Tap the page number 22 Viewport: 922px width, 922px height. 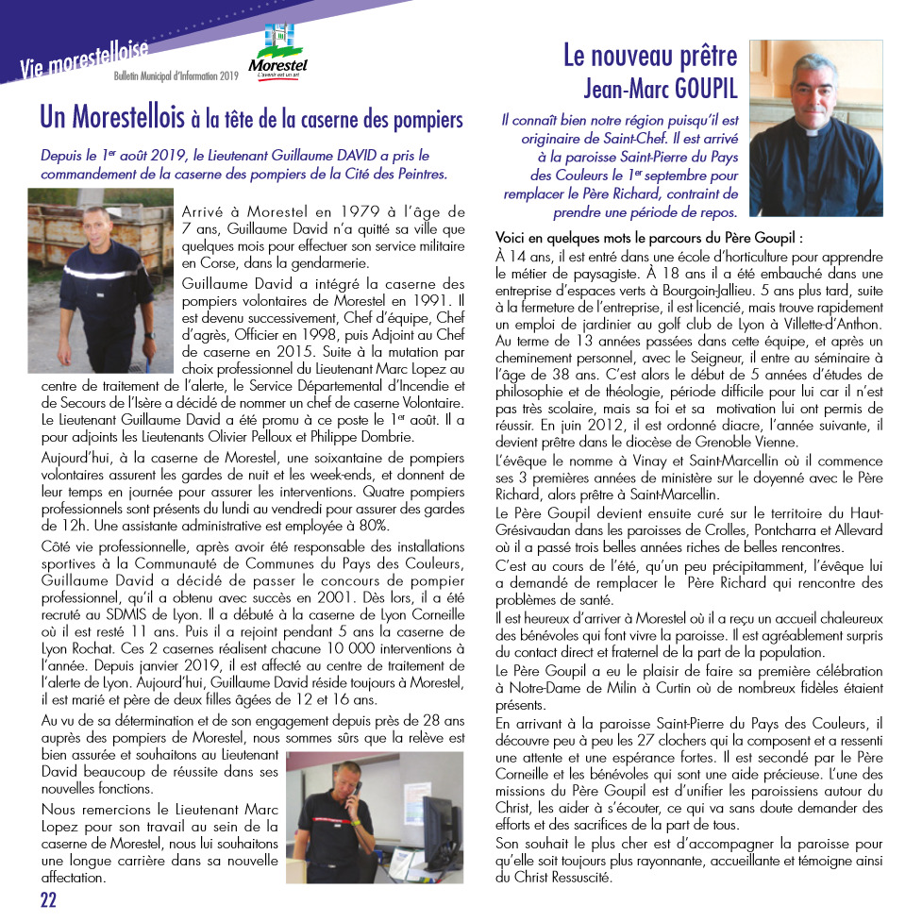[x=48, y=898]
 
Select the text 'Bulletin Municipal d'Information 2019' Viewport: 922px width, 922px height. [x=176, y=75]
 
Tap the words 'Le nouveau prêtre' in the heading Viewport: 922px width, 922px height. [x=649, y=57]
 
